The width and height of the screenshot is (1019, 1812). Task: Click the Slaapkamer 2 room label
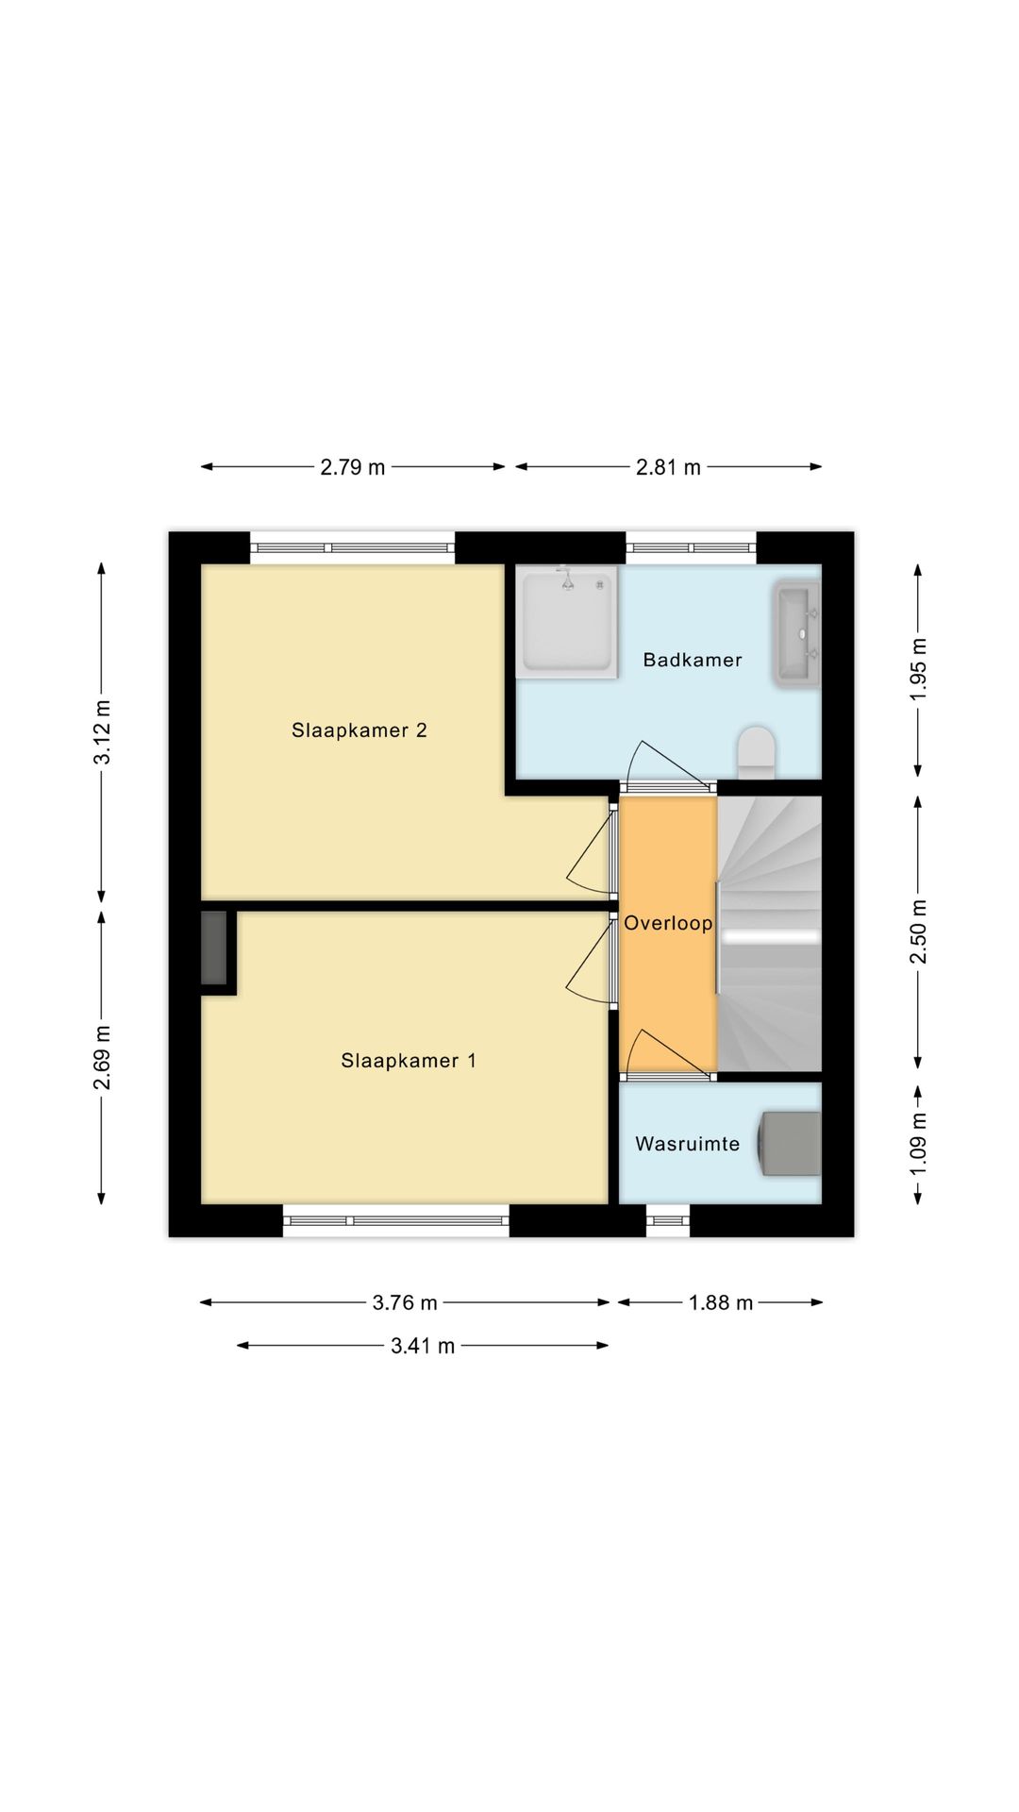[x=359, y=730]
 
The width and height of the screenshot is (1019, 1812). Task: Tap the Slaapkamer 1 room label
[x=409, y=1060]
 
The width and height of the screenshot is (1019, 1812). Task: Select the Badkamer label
[x=693, y=660]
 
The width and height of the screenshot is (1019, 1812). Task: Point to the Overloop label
[x=668, y=923]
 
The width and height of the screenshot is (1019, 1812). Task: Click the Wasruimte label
[x=688, y=1144]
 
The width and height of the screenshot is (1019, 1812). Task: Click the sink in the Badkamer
[x=797, y=632]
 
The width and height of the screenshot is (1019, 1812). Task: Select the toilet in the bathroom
[x=756, y=752]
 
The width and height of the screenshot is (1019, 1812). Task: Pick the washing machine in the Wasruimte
[x=790, y=1144]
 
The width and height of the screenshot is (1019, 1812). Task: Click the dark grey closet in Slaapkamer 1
[x=214, y=948]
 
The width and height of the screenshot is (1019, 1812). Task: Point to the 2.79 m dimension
[x=353, y=466]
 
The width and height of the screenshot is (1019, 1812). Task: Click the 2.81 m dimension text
[x=668, y=466]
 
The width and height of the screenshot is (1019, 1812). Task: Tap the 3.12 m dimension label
[x=102, y=731]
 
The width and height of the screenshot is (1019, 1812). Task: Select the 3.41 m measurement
[x=423, y=1346]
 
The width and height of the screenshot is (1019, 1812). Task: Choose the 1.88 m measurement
[x=721, y=1302]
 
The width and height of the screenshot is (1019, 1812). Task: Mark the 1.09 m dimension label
[x=919, y=1143]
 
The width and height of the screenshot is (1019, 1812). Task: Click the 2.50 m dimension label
[x=919, y=931]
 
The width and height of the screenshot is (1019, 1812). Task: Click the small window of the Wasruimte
[x=668, y=1220]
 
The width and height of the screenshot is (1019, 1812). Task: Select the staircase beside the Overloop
[x=769, y=934]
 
